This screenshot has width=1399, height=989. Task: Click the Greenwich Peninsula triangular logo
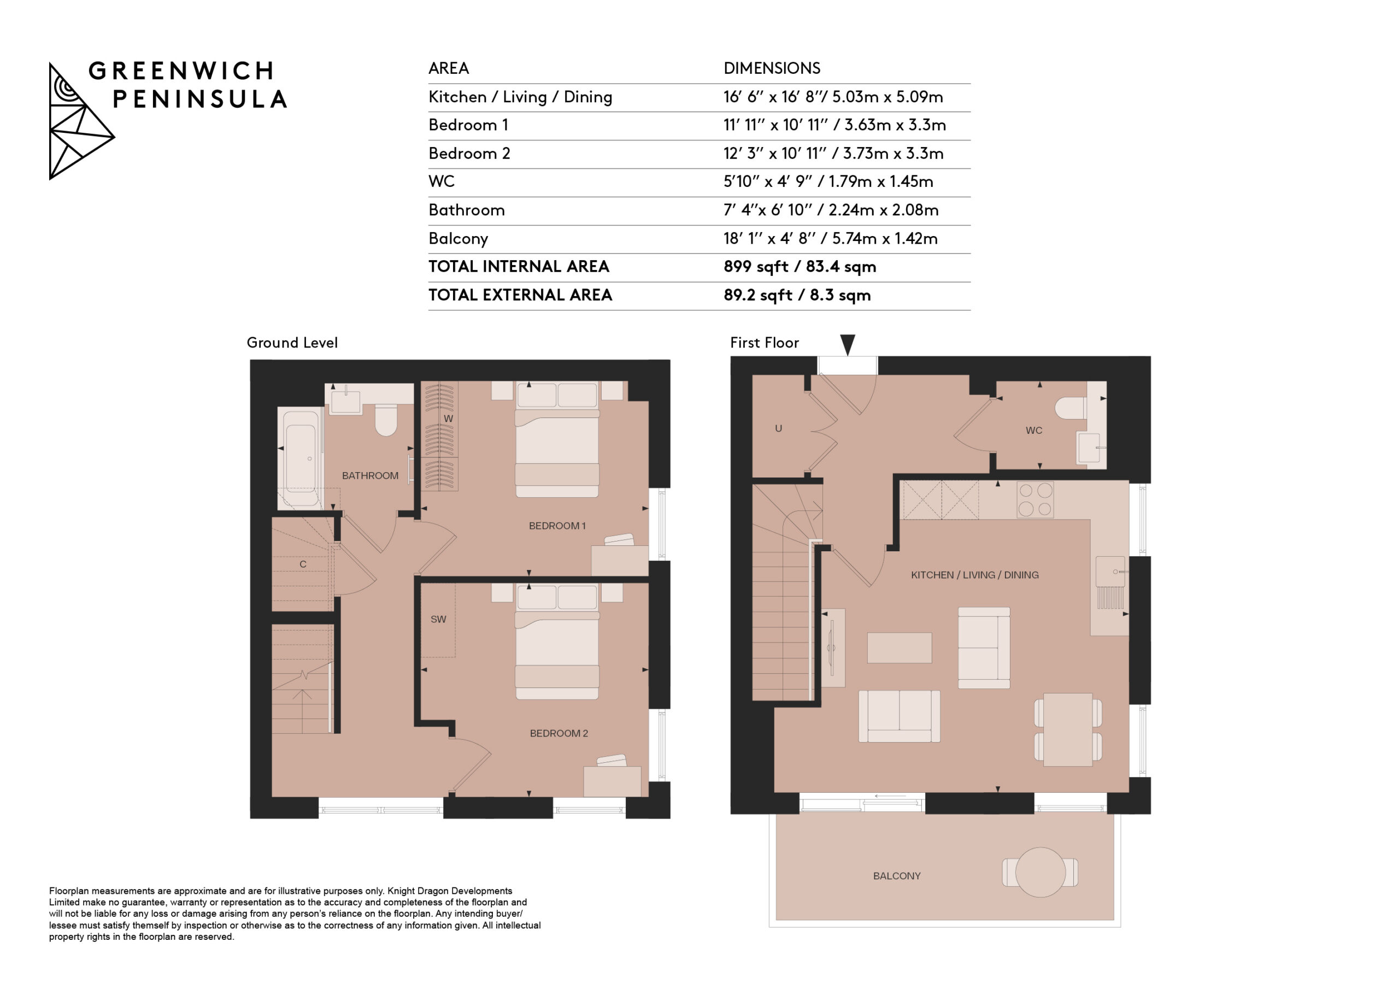click(81, 121)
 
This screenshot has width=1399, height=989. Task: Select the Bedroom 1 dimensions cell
click(834, 126)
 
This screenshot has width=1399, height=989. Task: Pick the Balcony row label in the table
click(458, 239)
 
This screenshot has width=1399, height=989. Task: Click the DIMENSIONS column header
click(772, 68)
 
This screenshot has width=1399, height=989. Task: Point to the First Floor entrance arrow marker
click(848, 344)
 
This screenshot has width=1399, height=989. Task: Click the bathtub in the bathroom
click(301, 458)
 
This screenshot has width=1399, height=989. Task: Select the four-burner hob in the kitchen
click(1034, 499)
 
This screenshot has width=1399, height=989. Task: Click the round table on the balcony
click(1040, 872)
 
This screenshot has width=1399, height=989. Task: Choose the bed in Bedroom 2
click(557, 641)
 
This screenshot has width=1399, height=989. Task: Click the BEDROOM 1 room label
click(557, 526)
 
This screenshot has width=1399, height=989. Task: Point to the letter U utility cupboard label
click(778, 428)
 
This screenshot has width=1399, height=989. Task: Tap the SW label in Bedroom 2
click(438, 619)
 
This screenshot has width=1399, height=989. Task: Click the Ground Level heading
click(292, 343)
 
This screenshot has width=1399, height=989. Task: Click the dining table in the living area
click(1067, 729)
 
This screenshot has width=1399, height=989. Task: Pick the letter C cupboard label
click(303, 564)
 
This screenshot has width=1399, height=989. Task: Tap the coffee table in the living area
click(900, 647)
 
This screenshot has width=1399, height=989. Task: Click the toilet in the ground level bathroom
click(386, 420)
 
